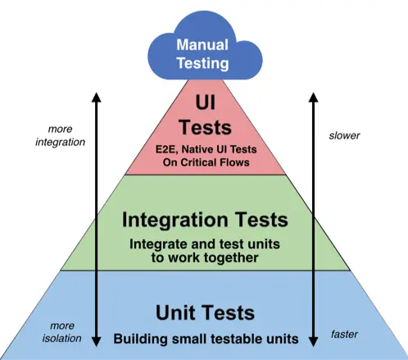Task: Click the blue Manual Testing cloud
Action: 203,51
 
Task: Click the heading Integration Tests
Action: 204,220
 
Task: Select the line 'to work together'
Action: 204,257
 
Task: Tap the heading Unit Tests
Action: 204,312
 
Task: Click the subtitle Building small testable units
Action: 204,338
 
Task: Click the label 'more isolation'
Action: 61,330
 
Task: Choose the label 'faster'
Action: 344,335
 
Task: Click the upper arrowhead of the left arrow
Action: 95,97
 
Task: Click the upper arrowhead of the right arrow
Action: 313,97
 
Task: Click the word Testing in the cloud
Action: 203,62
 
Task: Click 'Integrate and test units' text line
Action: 204,244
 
